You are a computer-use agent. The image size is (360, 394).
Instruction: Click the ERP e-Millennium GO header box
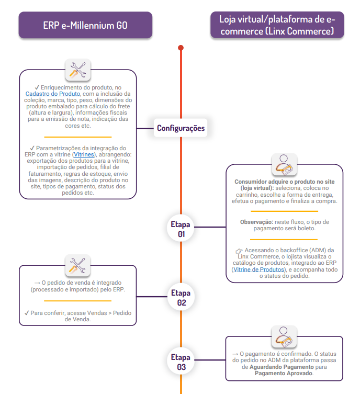(x=85, y=25)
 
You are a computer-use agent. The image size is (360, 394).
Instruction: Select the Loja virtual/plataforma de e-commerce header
(x=277, y=25)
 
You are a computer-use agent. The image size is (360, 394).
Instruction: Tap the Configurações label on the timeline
(x=181, y=128)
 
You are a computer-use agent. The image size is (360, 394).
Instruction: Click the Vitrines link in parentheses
(x=84, y=155)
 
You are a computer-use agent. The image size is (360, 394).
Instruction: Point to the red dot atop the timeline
(x=181, y=48)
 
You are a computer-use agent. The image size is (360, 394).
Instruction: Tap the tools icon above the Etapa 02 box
(x=78, y=266)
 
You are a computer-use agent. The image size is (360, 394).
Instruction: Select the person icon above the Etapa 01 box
(x=284, y=164)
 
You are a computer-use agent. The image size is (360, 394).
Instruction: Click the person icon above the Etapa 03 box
(x=284, y=336)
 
